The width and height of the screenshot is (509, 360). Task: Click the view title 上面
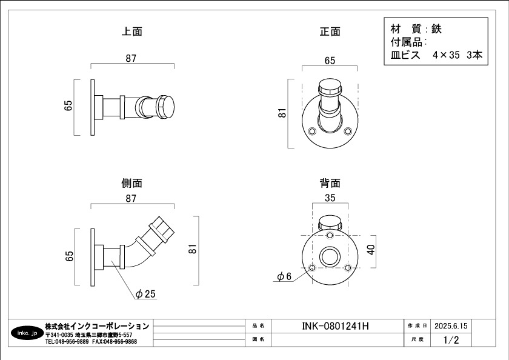tap(131, 32)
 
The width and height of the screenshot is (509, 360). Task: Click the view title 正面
tap(330, 32)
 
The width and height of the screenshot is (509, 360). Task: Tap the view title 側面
tap(131, 183)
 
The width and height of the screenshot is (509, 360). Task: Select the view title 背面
tap(330, 183)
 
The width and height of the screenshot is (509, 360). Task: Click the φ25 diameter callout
tap(146, 294)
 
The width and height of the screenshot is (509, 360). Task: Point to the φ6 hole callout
tap(285, 276)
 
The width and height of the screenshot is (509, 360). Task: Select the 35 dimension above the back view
tap(330, 198)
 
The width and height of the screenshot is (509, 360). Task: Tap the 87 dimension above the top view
tap(131, 59)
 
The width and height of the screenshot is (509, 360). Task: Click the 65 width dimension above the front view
tap(330, 61)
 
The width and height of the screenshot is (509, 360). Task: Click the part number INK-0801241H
tap(335, 326)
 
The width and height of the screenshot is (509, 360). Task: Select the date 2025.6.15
tap(451, 326)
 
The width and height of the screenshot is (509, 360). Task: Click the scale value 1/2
tap(451, 340)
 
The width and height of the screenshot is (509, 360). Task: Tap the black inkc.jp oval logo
tap(27, 333)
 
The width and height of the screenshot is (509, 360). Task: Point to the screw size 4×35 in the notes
tap(448, 55)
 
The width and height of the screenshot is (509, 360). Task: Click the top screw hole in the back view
tap(330, 235)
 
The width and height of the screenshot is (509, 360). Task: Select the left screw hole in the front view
tap(313, 131)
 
